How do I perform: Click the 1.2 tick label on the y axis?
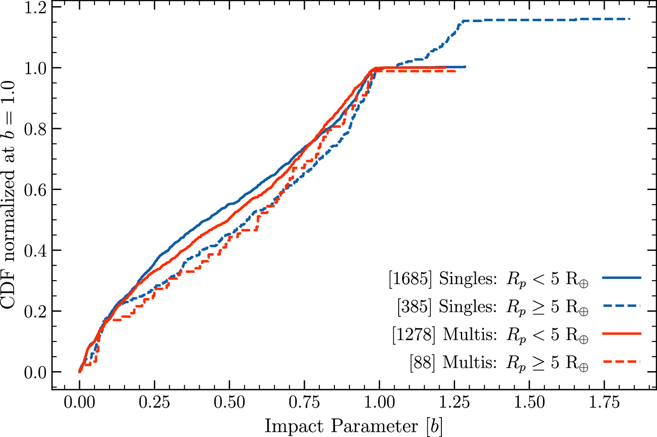(x=35, y=7)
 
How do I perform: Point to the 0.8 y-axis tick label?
(x=35, y=129)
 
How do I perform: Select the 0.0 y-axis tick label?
(x=35, y=372)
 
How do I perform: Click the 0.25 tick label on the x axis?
(x=154, y=403)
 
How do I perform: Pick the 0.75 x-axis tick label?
(x=304, y=403)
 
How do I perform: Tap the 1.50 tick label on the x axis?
(x=529, y=403)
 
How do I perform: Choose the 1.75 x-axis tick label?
(x=604, y=403)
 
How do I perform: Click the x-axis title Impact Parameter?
(x=341, y=426)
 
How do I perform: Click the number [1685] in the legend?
(x=410, y=278)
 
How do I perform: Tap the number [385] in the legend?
(x=414, y=306)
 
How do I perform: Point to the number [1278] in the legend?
(x=414, y=334)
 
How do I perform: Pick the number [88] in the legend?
(x=422, y=362)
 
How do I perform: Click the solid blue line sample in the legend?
(x=622, y=277)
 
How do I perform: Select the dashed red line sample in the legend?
(x=622, y=361)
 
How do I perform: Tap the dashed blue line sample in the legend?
(x=622, y=306)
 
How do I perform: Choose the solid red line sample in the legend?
(x=622, y=334)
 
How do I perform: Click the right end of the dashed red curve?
(x=456, y=71)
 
